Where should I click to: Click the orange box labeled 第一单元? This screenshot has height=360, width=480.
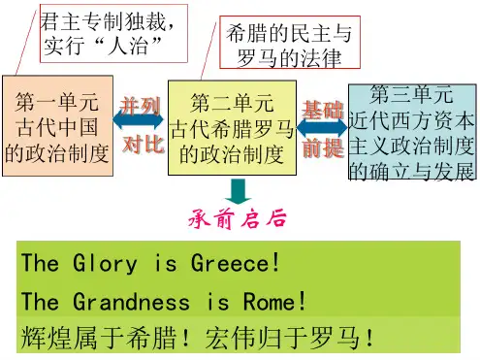(57, 126)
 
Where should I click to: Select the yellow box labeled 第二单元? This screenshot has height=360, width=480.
(232, 128)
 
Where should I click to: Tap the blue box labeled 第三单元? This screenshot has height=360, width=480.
(412, 132)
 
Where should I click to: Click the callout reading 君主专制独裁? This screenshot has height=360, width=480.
(113, 33)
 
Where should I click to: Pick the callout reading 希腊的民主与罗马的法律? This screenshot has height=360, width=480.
(290, 42)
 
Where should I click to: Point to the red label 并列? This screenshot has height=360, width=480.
(140, 107)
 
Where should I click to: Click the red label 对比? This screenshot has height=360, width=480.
(144, 144)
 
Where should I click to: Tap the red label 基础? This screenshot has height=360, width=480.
(322, 110)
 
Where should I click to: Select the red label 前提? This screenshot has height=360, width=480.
(323, 148)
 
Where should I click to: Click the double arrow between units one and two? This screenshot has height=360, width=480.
(138, 120)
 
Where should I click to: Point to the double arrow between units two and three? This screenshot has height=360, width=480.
(322, 127)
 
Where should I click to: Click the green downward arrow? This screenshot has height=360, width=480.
(239, 191)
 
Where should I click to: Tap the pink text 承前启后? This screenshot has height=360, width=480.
(238, 219)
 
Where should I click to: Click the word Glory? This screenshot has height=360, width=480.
(105, 263)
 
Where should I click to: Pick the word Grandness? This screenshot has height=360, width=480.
(131, 301)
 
